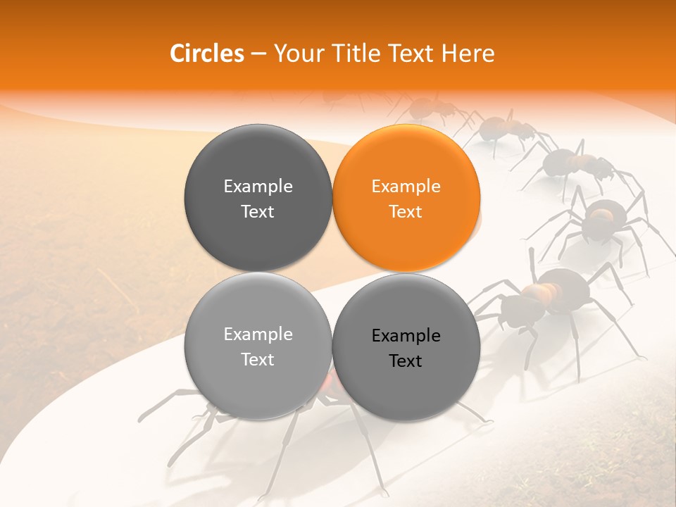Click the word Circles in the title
[207, 54]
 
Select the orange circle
[406, 197]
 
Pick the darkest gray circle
[258, 197]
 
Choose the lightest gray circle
[258, 346]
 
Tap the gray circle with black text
[406, 347]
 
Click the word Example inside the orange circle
[406, 186]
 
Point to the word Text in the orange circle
[406, 211]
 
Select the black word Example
[406, 335]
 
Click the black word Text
[406, 361]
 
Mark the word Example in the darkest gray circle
[258, 186]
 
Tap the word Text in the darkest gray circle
[258, 211]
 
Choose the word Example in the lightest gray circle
[258, 334]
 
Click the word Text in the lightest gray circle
[258, 359]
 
